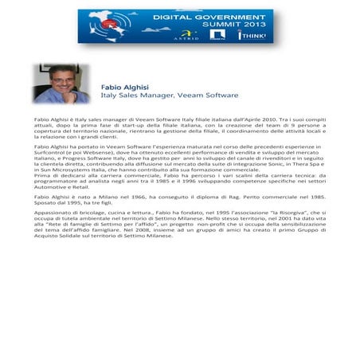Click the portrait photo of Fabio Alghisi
61,84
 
